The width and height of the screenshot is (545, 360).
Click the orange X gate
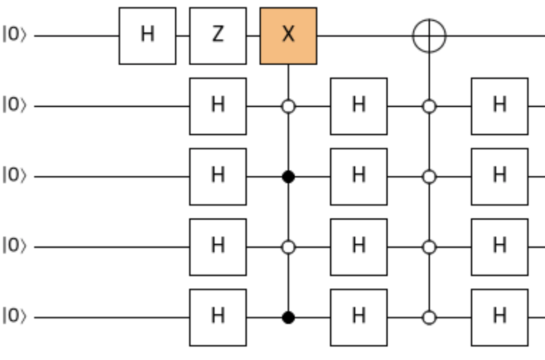coord(288,36)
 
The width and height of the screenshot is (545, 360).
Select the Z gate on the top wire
coord(218,36)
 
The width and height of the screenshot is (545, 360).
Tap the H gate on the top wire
coord(147,36)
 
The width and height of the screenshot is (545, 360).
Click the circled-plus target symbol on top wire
coord(429,36)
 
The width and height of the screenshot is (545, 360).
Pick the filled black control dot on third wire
coord(288,177)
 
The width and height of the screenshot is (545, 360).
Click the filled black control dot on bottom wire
coord(288,318)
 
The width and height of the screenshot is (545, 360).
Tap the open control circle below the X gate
coord(288,106)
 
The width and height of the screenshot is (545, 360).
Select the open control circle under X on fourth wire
coord(288,247)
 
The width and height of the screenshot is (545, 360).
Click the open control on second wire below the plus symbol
coord(429,106)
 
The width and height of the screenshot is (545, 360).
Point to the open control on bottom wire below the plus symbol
coord(429,318)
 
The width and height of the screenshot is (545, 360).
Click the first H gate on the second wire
coord(218,106)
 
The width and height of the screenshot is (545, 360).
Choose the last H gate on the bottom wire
coord(499,318)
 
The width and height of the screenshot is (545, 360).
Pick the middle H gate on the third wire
coord(359,177)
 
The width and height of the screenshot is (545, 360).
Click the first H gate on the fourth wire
coord(218,247)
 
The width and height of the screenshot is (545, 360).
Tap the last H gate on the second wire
coord(499,106)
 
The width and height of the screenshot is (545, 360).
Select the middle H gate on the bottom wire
coord(359,318)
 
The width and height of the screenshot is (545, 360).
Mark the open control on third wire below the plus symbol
coord(429,177)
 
